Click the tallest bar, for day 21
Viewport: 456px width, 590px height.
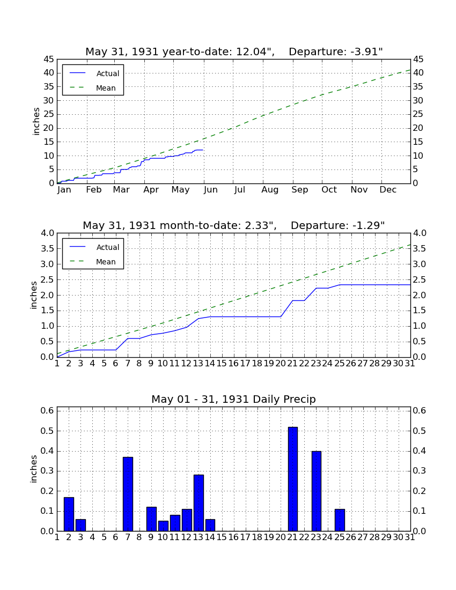pos(293,479)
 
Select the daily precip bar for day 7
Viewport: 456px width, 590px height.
pos(128,494)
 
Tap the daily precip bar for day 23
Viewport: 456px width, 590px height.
pos(317,491)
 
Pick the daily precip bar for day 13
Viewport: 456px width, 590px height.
pos(198,503)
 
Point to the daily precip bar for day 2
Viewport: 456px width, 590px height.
pos(69,514)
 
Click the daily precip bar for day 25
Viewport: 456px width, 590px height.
pos(340,520)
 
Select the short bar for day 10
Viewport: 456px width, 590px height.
pos(163,526)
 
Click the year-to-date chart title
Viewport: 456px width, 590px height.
pos(234,51)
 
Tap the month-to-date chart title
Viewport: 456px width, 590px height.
pos(234,225)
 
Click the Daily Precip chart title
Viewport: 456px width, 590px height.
pos(234,399)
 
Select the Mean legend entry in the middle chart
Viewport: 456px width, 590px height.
pos(93,262)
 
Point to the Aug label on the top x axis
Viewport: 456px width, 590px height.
pos(270,190)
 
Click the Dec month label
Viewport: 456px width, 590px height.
pos(388,190)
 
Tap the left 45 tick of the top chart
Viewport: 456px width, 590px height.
pos(49,60)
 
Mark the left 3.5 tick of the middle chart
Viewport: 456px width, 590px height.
pos(47,249)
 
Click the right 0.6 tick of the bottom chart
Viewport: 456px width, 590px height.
pos(420,410)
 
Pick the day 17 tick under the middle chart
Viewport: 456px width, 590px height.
pos(245,364)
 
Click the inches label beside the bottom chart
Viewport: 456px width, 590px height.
pos(34,469)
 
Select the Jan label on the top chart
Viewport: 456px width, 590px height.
pos(64,190)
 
